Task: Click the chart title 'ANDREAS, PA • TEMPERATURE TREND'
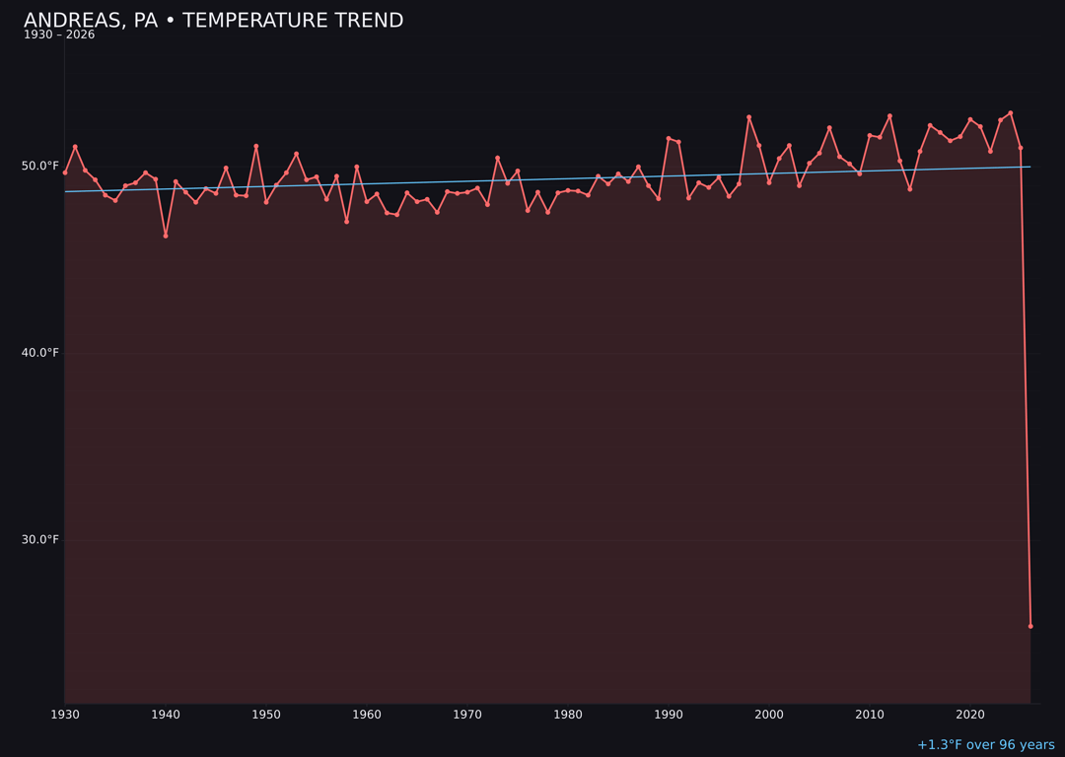213,21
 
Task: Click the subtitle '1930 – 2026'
59,35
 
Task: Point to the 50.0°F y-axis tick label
39,166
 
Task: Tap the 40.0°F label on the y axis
39,353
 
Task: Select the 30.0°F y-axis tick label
39,539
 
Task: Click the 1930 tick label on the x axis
65,715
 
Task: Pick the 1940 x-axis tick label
166,715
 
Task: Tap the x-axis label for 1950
266,715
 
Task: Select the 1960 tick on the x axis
367,715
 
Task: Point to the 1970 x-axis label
467,715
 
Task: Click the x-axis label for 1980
568,715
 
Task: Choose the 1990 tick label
669,715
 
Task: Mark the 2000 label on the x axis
769,715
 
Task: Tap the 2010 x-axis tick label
870,715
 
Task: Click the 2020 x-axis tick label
970,715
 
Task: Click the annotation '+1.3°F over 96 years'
985,745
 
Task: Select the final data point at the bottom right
1030,626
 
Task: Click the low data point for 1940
166,236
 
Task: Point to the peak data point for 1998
748,117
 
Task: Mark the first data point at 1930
65,172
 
